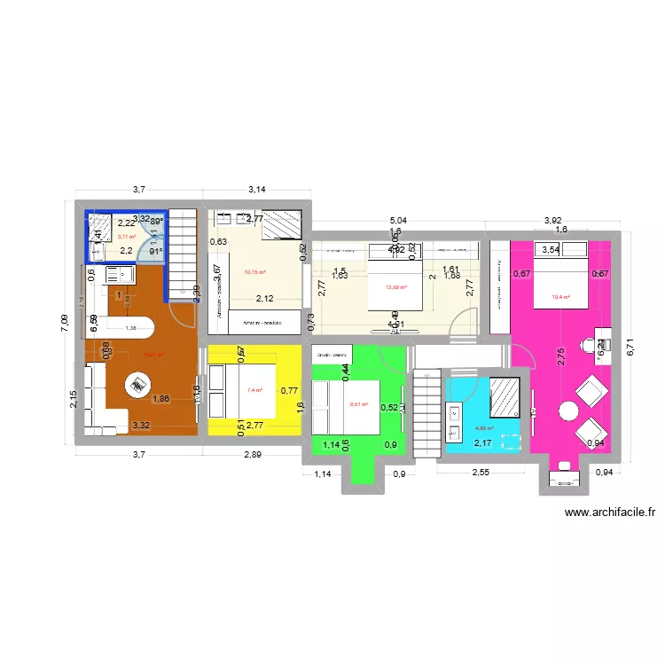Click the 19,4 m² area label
click(560, 299)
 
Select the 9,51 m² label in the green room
click(358, 405)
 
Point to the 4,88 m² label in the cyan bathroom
click(483, 428)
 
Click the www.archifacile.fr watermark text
click(609, 512)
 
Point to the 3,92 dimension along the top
click(552, 221)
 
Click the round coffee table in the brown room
click(137, 385)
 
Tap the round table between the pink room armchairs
click(567, 411)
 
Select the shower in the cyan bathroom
click(504, 395)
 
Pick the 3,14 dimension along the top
click(257, 190)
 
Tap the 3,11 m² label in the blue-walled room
click(127, 237)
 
